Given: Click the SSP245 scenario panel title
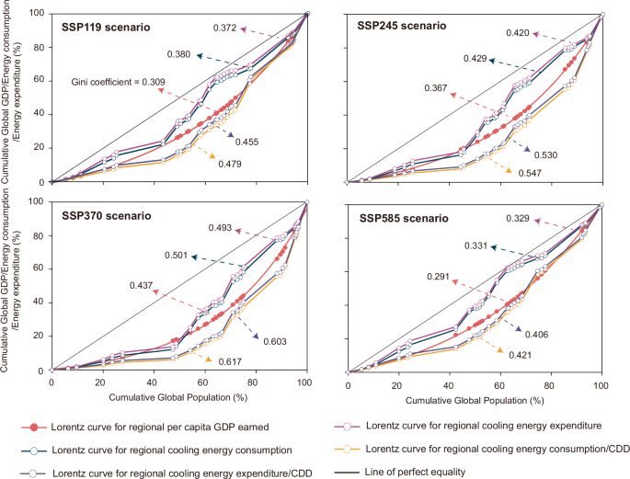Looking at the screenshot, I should [400, 27].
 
